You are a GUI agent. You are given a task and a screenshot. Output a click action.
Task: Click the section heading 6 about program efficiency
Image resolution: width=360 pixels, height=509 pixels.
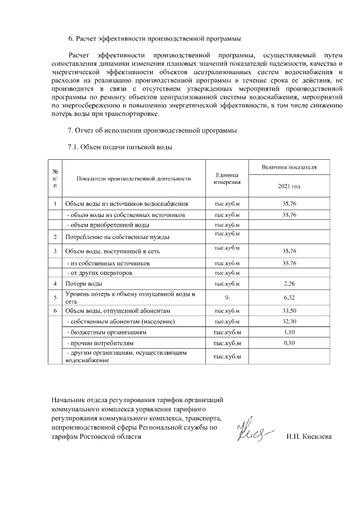point(155,39)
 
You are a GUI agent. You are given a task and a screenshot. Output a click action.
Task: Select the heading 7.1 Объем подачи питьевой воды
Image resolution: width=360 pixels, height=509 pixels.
point(120,147)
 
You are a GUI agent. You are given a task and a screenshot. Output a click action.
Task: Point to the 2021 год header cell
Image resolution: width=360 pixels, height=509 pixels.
point(289,186)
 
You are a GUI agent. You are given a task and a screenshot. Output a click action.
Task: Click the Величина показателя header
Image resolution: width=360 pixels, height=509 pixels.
point(289,168)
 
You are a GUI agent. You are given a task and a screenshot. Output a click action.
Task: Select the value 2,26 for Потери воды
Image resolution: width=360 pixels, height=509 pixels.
point(289,284)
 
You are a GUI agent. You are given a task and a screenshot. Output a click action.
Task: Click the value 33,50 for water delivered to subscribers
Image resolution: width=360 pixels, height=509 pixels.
point(289,310)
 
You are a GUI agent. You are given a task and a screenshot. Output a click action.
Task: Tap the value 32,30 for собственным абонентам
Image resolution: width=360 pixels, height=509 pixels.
point(289,321)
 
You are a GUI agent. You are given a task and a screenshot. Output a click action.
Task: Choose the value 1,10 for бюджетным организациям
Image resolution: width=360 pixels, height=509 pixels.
point(289,332)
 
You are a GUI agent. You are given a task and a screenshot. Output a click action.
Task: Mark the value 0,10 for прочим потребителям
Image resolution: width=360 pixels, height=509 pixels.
point(289,343)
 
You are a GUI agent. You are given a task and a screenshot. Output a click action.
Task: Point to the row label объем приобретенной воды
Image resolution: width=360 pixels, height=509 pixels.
point(104,225)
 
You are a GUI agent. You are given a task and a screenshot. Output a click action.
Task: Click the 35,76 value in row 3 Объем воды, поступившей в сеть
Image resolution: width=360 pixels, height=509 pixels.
point(289,251)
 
